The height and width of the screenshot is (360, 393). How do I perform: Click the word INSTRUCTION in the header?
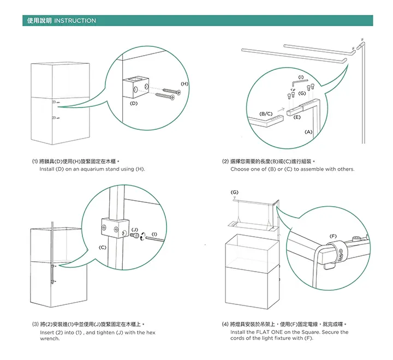tap(75, 21)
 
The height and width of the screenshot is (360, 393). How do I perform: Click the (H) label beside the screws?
tap(184, 83)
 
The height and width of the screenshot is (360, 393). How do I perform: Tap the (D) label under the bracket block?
tap(134, 103)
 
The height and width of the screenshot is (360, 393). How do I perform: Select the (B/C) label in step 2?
tap(266, 113)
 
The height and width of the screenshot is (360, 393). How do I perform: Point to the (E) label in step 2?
tap(297, 117)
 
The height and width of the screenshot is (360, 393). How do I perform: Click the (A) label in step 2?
tap(308, 132)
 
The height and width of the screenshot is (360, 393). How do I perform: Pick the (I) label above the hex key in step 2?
tap(301, 76)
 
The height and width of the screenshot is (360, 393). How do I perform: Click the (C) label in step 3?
tap(102, 247)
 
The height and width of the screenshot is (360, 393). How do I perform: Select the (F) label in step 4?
tap(333, 235)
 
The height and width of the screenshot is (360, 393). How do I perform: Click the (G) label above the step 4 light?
tap(234, 193)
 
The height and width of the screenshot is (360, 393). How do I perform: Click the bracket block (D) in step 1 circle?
tap(134, 86)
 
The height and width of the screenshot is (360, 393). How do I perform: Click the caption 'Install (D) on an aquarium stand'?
tap(92, 169)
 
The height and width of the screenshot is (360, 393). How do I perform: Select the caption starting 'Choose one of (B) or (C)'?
tap(292, 169)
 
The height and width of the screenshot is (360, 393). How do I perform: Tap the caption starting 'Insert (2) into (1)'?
tap(98, 332)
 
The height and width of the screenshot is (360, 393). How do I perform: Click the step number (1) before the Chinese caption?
tap(35, 161)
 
